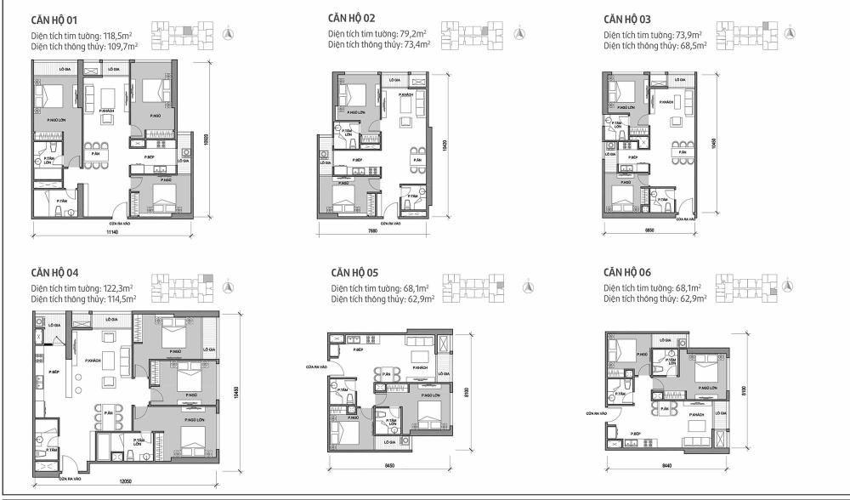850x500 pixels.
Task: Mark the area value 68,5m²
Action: click(694, 44)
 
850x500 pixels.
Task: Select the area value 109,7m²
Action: click(121, 44)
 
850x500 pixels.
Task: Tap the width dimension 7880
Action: click(372, 231)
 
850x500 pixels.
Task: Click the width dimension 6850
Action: click(652, 231)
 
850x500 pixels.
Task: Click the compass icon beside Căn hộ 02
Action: click(522, 34)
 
